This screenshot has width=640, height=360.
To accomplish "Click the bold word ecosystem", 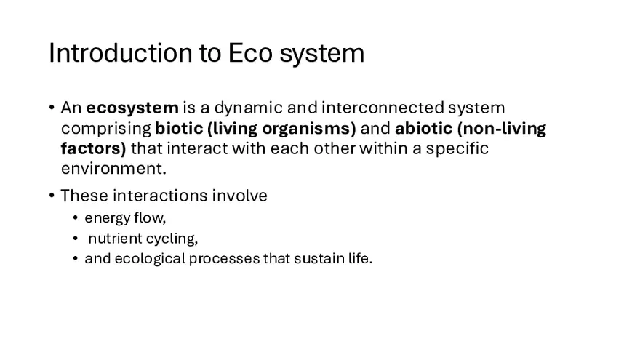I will point(132,108).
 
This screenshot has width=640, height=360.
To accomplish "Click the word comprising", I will point(106,129).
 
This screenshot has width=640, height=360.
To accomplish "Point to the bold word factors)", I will point(93,149).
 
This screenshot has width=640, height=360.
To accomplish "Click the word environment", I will point(113,169).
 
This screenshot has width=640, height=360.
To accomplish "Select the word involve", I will point(240,196).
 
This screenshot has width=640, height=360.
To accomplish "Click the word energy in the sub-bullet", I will point(105,218).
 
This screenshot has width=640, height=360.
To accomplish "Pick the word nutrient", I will point(113,239).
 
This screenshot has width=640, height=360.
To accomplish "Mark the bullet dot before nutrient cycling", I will point(76,239).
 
